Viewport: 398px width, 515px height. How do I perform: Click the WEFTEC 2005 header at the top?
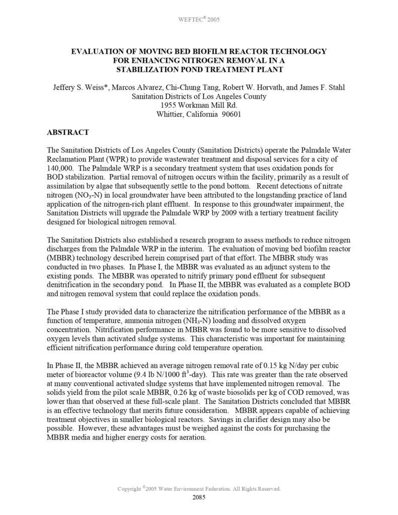199,20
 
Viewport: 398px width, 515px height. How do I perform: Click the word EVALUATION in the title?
98,51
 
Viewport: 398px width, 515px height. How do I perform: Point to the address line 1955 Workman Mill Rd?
199,105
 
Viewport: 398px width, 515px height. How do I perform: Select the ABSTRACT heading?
68,132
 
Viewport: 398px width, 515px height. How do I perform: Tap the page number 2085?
199,498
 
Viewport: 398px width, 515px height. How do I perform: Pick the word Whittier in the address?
172,114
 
